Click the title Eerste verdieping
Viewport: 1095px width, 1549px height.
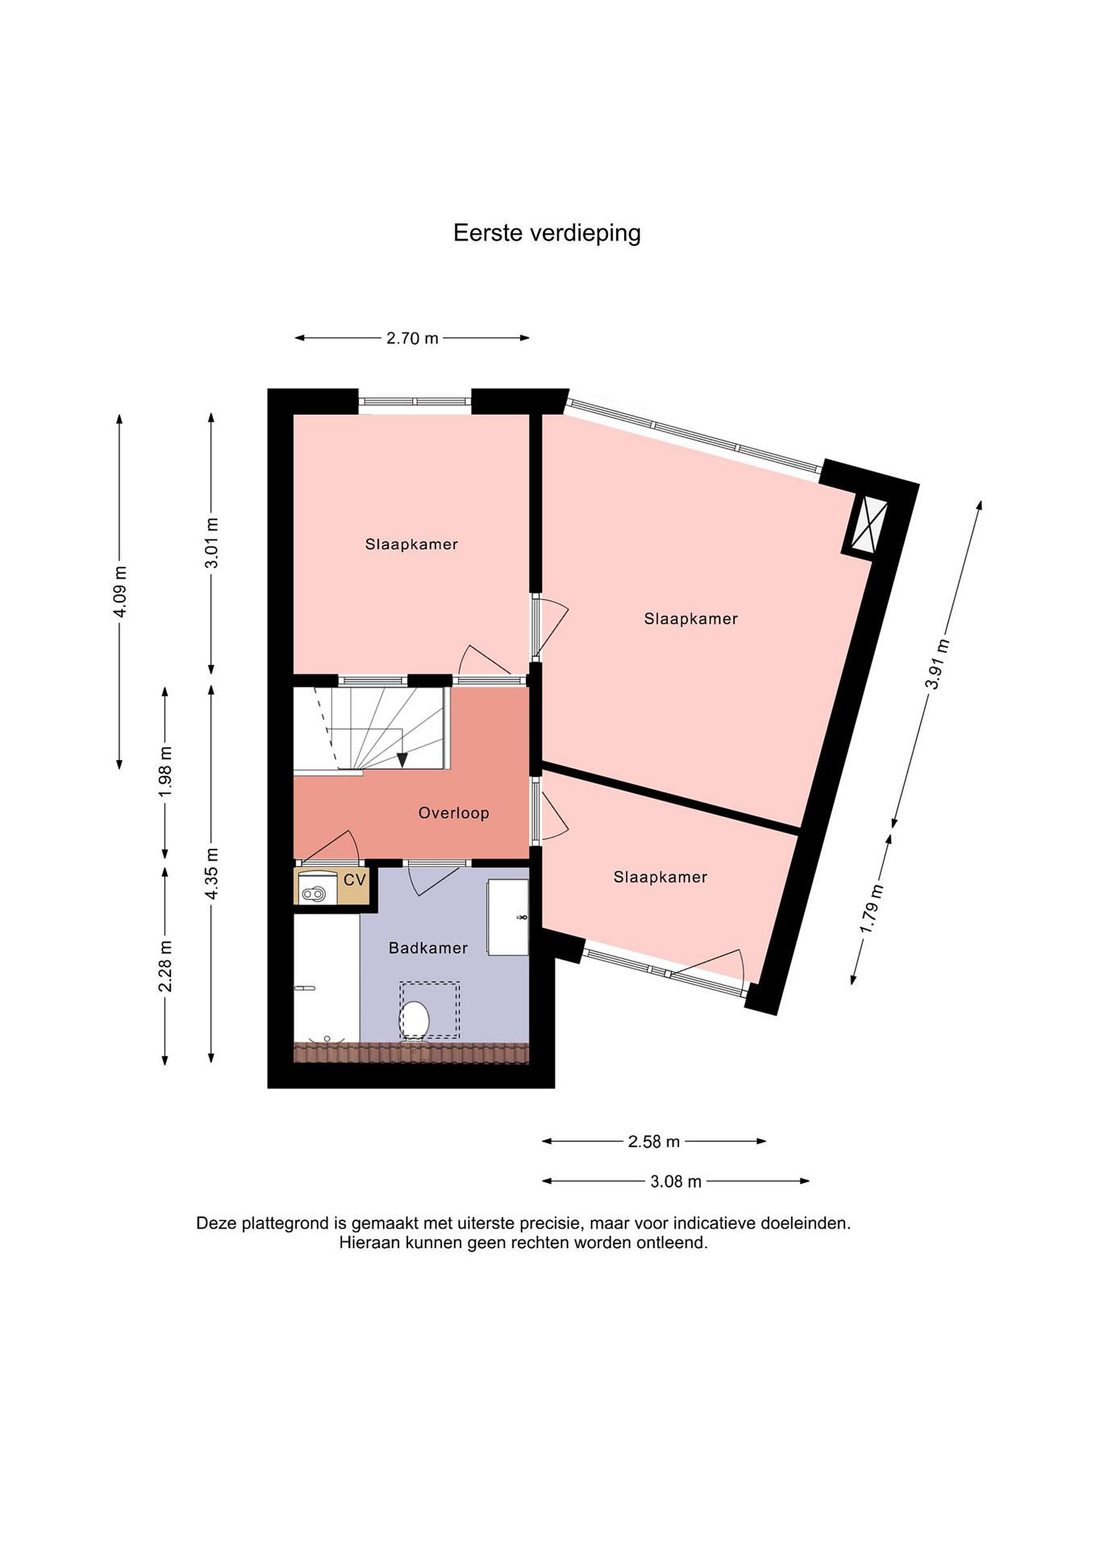coord(547,233)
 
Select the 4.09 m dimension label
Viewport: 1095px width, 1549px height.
coord(120,591)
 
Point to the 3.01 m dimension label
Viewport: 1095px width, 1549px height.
coord(212,543)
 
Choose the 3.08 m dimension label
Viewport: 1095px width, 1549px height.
coord(676,1181)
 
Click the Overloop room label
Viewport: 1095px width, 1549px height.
coord(454,813)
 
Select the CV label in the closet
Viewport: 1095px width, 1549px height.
coord(355,880)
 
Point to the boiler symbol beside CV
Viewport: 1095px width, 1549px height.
coord(314,894)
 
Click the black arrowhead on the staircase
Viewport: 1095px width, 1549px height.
coord(403,759)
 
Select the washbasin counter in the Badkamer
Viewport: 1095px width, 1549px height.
coord(509,917)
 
